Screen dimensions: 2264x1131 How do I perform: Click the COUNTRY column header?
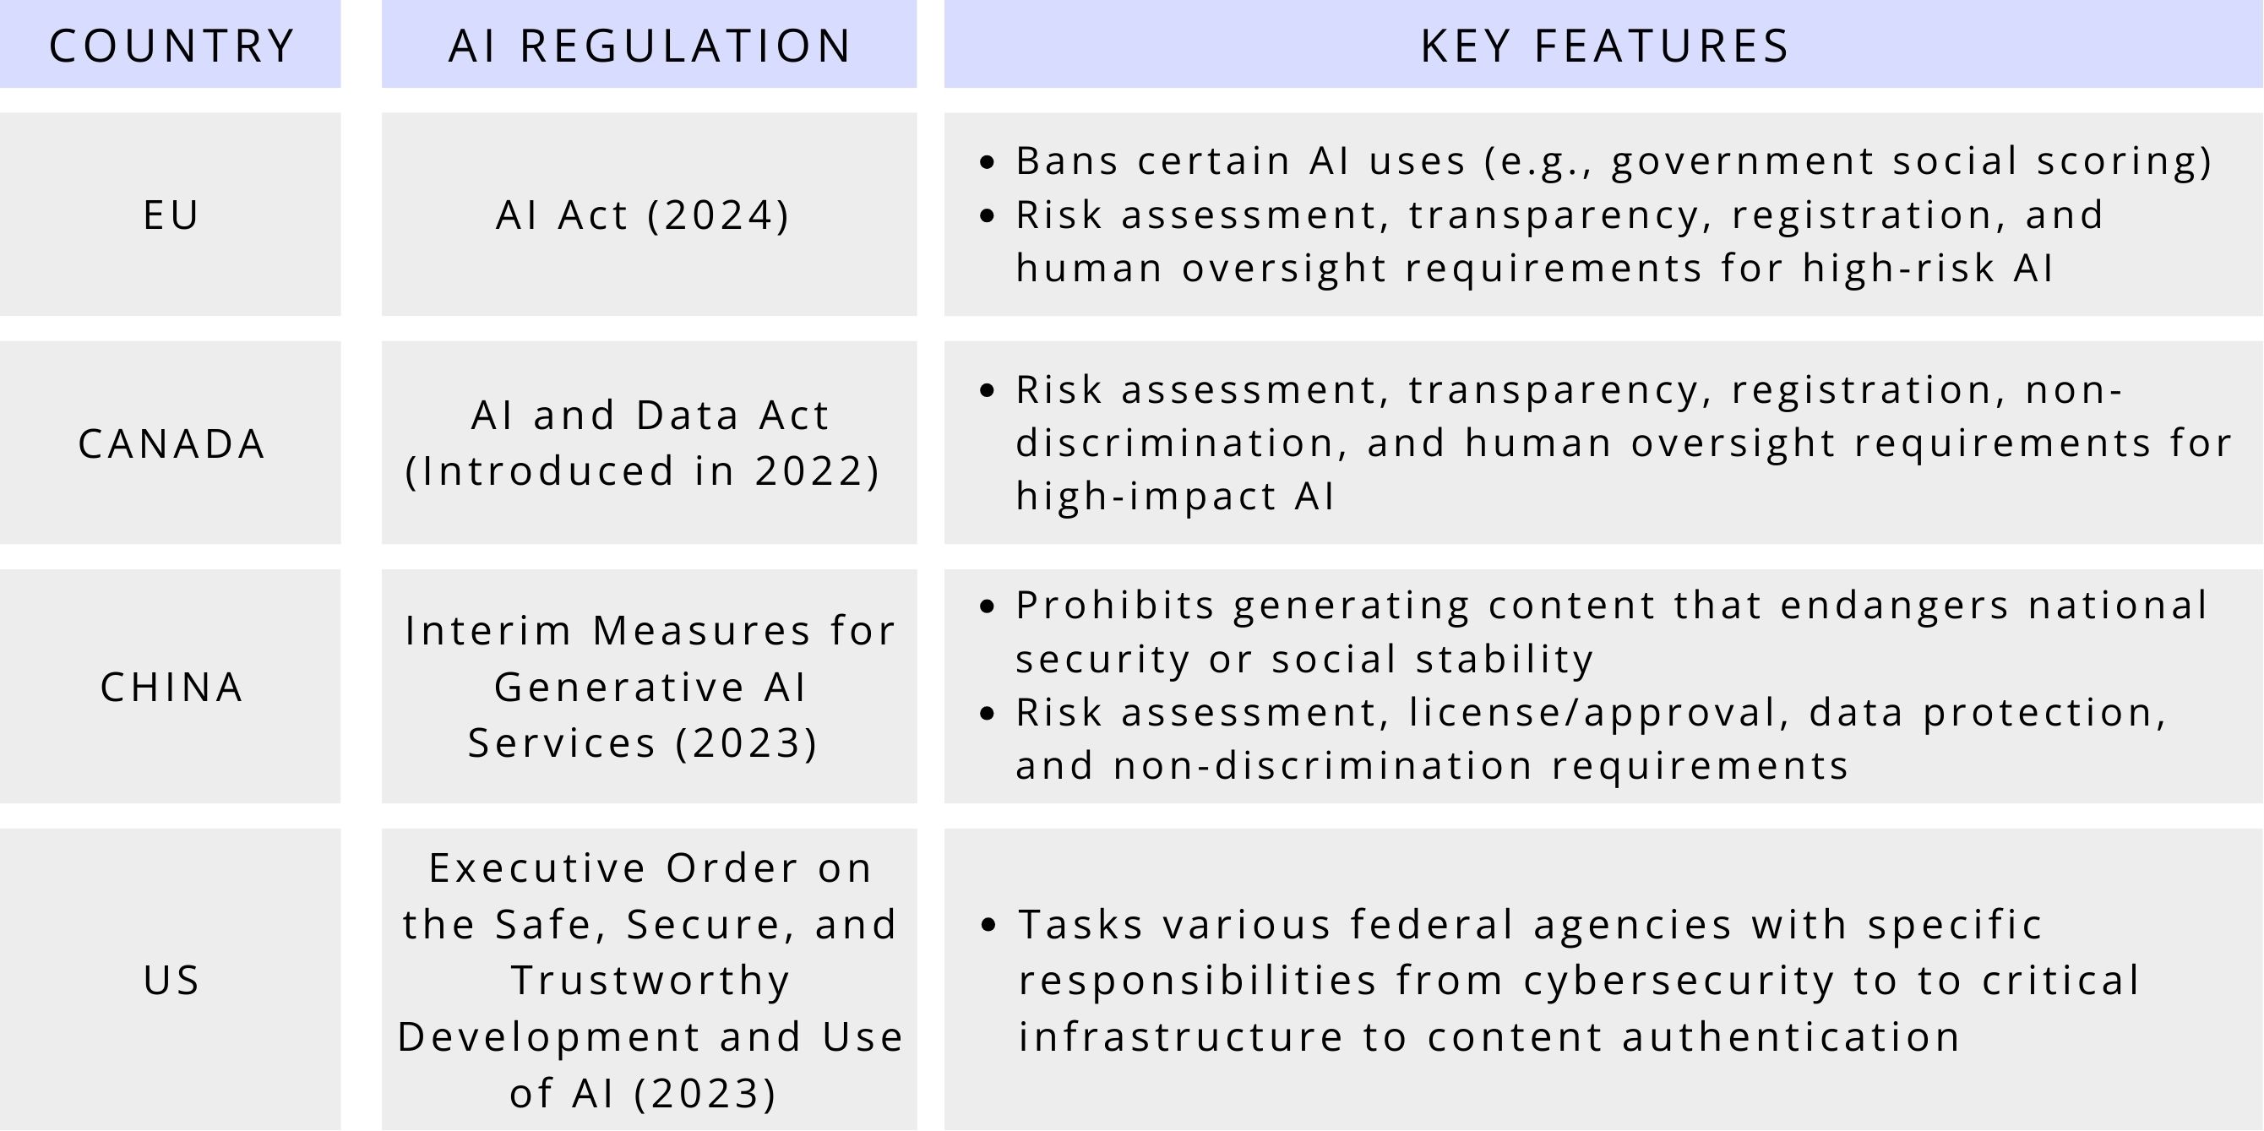pos(171,46)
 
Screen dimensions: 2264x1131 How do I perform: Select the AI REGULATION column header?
pos(650,46)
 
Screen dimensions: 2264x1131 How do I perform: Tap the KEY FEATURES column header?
pos(1605,46)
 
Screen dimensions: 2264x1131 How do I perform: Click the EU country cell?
pos(171,215)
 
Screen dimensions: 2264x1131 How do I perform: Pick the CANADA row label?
pos(171,443)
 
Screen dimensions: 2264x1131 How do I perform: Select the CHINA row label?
pos(171,688)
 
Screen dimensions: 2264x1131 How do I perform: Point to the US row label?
pos(171,980)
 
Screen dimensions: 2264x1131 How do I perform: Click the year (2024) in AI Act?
pos(718,216)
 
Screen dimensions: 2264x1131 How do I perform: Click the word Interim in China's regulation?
pos(487,631)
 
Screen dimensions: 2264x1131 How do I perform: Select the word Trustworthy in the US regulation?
pos(650,981)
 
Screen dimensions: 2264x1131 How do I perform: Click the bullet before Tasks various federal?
pos(988,925)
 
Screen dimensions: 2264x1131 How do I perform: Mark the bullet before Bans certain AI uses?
pos(987,161)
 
